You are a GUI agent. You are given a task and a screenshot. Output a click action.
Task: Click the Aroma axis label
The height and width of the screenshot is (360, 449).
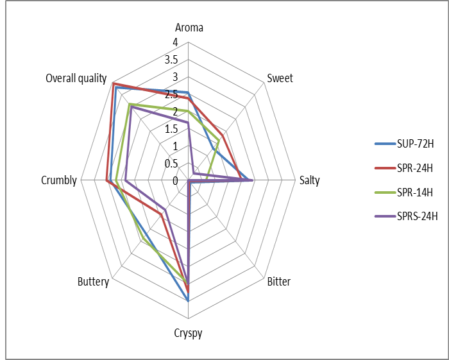(189, 28)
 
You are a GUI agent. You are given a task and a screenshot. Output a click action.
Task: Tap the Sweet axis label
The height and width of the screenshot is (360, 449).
(280, 78)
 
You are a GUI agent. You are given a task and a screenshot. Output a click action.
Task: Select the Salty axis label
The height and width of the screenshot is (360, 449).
(309, 180)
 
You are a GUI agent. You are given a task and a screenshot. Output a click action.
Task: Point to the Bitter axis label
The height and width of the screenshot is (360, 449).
(278, 282)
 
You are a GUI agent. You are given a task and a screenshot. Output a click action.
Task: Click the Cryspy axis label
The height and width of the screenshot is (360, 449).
(188, 333)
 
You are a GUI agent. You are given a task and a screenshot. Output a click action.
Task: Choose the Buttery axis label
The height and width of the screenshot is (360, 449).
(93, 282)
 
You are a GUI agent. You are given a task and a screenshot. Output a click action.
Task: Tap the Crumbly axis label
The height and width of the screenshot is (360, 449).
(59, 180)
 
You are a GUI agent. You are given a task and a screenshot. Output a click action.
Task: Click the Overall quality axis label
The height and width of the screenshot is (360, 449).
(76, 78)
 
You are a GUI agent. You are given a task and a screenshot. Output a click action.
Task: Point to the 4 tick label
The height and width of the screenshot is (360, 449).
(175, 42)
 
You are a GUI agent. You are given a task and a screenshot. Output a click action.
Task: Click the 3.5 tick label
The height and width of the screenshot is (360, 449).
(171, 60)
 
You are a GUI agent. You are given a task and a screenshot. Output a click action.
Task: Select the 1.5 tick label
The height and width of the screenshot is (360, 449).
(171, 129)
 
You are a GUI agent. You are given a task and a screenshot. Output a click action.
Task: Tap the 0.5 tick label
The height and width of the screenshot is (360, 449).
(171, 164)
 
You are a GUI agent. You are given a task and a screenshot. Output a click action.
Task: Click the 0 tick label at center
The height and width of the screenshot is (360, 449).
(175, 181)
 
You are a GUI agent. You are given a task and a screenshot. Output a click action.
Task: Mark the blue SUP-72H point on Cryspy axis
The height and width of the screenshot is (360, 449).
(189, 300)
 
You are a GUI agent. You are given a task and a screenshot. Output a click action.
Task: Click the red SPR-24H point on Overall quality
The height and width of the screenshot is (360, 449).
(113, 83)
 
